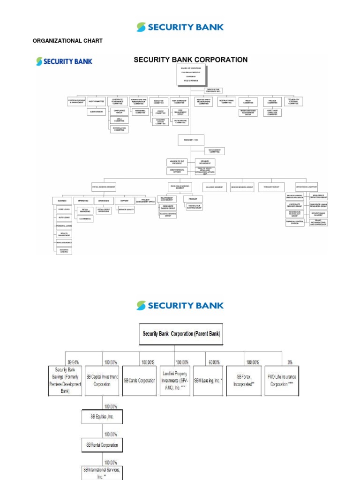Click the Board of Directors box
click(x=191, y=75)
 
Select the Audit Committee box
click(x=96, y=101)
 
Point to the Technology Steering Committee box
click(x=293, y=101)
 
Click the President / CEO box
click(x=191, y=140)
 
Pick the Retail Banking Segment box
click(x=104, y=187)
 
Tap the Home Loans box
click(x=64, y=210)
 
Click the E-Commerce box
click(x=85, y=218)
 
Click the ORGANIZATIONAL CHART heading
click(x=67, y=41)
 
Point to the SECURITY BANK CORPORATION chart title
click(x=190, y=60)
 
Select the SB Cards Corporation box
click(x=139, y=381)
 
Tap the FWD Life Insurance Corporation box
click(x=282, y=380)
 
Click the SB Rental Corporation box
click(x=102, y=444)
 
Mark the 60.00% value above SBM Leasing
click(x=214, y=362)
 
